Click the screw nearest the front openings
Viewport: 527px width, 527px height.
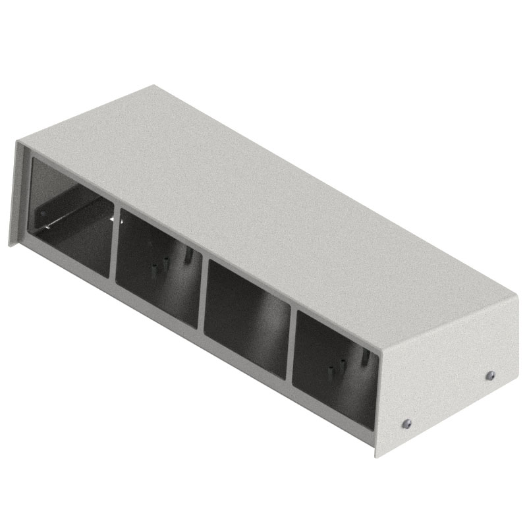[x=406, y=423]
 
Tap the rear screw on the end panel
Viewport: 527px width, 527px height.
[x=489, y=375]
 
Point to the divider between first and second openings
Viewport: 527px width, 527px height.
[x=113, y=244]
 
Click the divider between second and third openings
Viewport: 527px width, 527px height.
[x=202, y=293]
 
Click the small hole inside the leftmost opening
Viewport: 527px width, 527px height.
[x=43, y=213]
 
